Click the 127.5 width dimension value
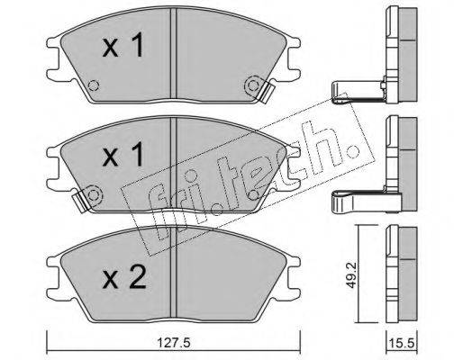(x=174, y=343)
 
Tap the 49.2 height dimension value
(x=350, y=274)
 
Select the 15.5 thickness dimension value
(x=402, y=343)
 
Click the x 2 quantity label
(x=124, y=277)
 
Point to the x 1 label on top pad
(x=123, y=45)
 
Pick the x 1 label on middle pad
(x=123, y=155)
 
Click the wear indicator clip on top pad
(x=267, y=93)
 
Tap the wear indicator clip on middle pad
(x=81, y=200)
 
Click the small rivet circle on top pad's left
(x=94, y=85)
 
